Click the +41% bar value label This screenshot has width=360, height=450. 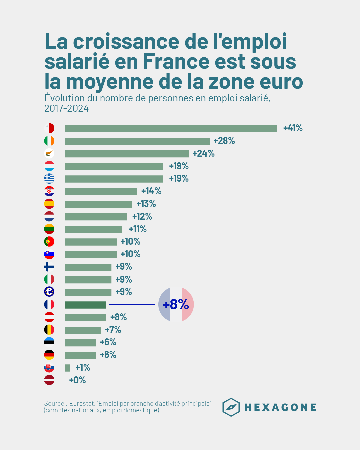293,128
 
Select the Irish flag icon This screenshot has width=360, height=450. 49,141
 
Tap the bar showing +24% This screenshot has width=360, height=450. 127,154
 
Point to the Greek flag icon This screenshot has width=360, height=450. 49,179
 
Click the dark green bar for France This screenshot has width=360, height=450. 85,305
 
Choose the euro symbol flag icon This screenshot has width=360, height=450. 49,292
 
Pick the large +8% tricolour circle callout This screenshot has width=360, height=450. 176,304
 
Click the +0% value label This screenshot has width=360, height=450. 77,380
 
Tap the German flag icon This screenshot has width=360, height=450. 49,355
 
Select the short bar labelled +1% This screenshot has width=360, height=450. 67,368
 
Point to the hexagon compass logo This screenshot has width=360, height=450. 231,407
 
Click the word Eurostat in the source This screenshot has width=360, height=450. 82,403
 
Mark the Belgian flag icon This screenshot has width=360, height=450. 49,330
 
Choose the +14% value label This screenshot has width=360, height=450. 151,191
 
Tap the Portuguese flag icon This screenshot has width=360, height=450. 49,242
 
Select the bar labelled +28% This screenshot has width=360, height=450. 137,141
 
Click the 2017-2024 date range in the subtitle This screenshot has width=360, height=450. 67,109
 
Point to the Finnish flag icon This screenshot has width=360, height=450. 49,267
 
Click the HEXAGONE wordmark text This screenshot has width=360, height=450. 280,407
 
